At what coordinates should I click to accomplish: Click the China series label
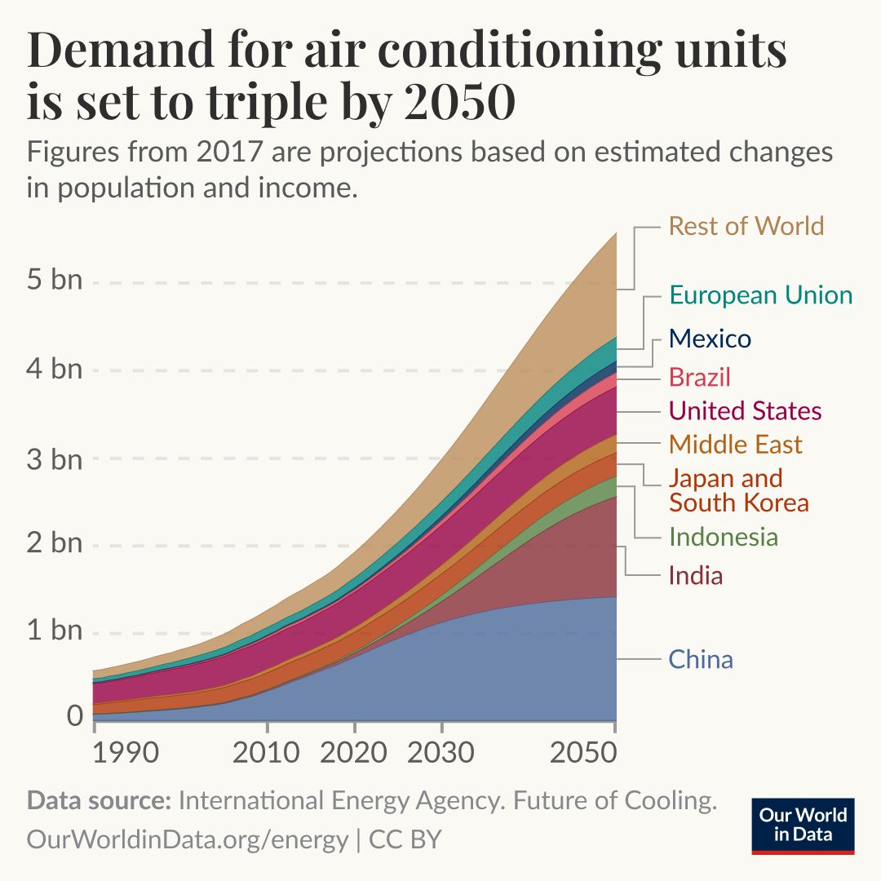701,659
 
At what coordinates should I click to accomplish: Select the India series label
696,576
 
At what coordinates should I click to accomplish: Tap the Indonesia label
724,537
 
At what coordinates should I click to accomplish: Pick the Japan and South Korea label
739,490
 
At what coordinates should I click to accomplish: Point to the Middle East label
736,445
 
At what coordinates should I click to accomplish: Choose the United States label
746,410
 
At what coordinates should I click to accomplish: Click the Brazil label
699,377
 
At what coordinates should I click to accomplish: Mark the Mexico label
710,339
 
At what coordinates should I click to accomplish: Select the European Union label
760,294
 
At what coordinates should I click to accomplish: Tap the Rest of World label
746,225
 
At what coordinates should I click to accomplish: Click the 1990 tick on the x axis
124,751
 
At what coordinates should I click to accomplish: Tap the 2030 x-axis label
441,751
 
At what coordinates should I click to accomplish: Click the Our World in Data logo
803,825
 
